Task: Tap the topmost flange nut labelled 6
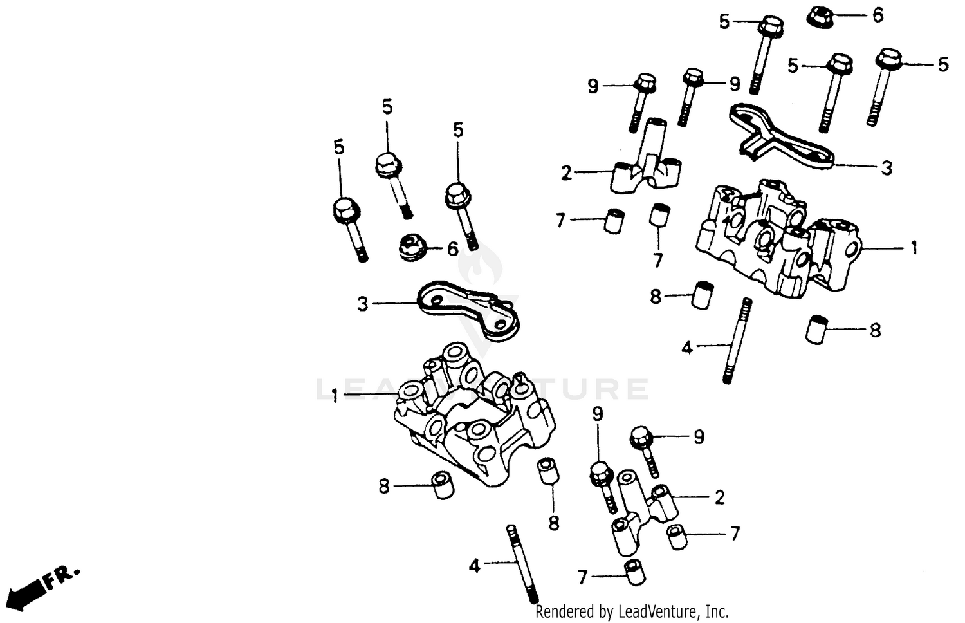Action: click(x=820, y=15)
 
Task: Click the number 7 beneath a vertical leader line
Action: click(x=657, y=260)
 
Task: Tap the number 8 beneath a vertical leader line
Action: click(x=553, y=522)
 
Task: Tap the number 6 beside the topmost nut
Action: click(x=878, y=15)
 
